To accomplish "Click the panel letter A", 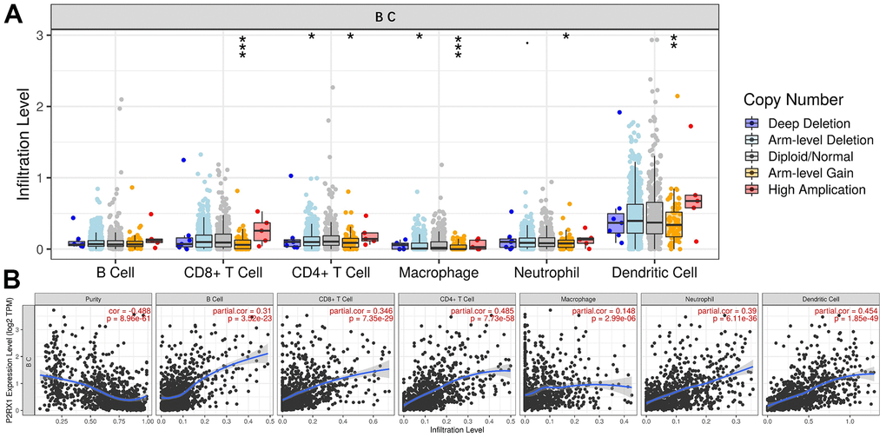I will (x=14, y=17).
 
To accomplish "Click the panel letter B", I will (x=14, y=280).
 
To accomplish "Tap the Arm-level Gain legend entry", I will (x=814, y=172).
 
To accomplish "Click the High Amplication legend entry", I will (x=820, y=189).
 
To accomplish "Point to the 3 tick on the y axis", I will (x=41, y=36).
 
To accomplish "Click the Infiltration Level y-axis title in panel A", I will (x=23, y=144).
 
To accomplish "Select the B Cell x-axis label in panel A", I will (x=116, y=273).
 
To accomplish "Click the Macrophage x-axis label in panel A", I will (x=439, y=273).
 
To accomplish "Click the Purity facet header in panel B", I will (x=93, y=299).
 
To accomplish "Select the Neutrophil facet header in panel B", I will (x=698, y=299).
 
